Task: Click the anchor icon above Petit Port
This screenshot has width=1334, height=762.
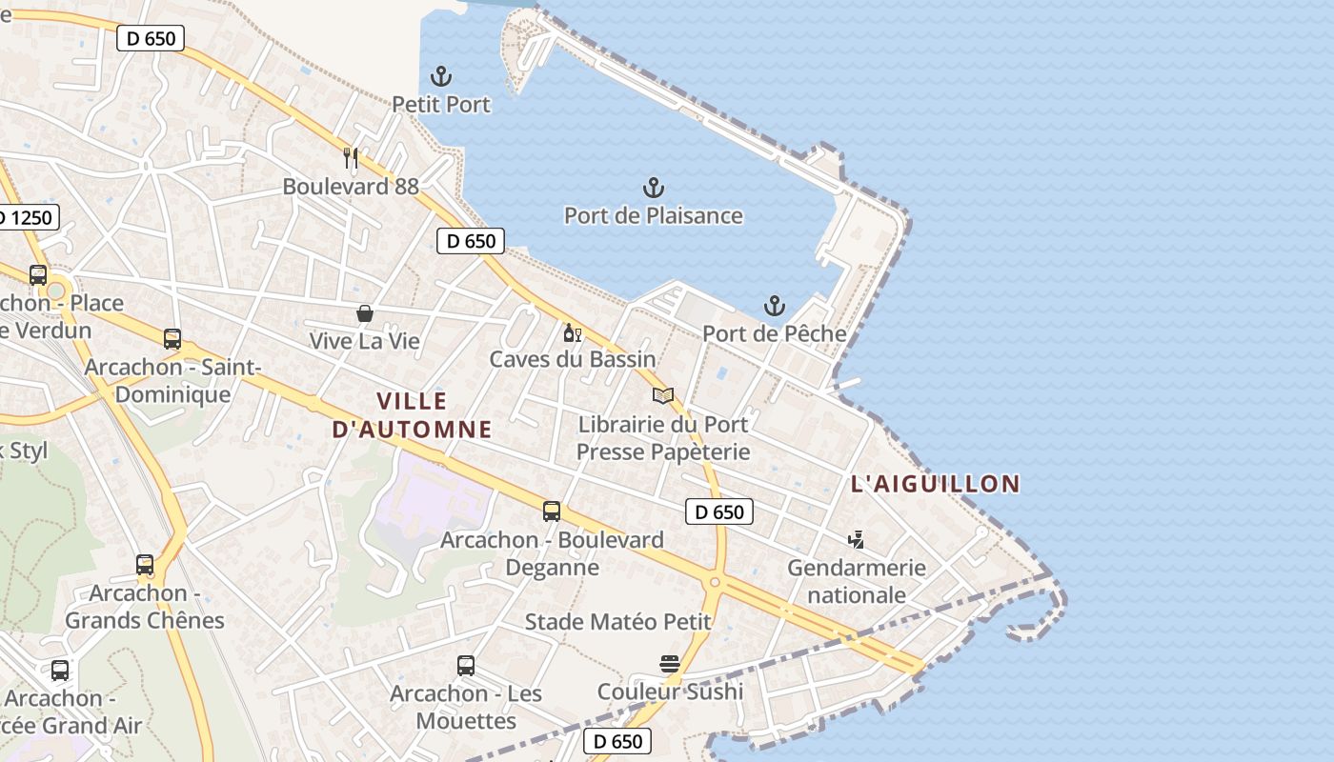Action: (x=441, y=76)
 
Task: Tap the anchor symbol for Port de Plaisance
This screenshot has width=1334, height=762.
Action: (x=654, y=188)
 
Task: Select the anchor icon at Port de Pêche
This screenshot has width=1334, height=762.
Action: (x=775, y=306)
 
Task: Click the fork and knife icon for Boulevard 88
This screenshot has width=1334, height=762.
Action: (x=351, y=158)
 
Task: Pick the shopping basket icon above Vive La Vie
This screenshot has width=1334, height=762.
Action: (x=364, y=312)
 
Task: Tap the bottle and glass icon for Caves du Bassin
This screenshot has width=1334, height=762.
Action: (x=572, y=332)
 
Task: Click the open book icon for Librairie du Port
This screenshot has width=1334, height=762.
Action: (x=663, y=395)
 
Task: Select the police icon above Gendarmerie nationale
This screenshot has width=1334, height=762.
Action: (x=856, y=540)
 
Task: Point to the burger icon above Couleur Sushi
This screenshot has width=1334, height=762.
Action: (x=670, y=664)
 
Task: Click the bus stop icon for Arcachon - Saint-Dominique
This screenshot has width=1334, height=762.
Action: (x=172, y=339)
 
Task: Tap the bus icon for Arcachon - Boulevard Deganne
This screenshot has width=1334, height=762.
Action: (x=552, y=511)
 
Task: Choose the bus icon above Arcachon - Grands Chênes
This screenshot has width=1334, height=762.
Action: (x=145, y=565)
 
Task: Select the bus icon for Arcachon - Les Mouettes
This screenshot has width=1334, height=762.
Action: (x=466, y=666)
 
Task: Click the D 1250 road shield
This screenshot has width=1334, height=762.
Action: (x=27, y=218)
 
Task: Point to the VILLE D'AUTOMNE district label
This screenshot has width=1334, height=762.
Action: (x=412, y=415)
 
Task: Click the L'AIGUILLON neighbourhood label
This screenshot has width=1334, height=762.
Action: (x=935, y=484)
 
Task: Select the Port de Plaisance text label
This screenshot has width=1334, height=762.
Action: (x=654, y=215)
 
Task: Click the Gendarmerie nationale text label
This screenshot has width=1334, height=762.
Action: (x=856, y=581)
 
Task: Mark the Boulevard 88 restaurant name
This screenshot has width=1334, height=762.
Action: (x=351, y=186)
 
